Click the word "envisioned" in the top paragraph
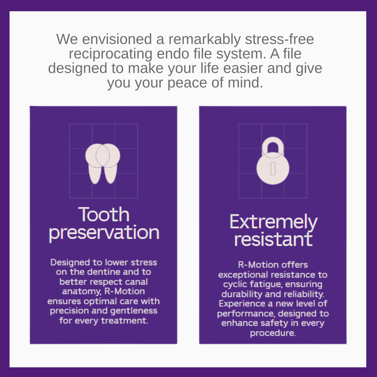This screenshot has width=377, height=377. pyautogui.click(x=117, y=39)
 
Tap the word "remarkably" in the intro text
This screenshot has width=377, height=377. pyautogui.click(x=204, y=39)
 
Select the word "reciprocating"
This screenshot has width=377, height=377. pyautogui.click(x=110, y=53)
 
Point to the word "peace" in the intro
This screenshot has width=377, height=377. pyautogui.click(x=187, y=82)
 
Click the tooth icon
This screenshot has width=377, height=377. pyautogui.click(x=103, y=163)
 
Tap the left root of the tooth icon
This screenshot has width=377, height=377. pyautogui.click(x=95, y=174)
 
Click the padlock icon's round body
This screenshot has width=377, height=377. pyautogui.click(x=273, y=168)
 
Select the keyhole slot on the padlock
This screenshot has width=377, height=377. pyautogui.click(x=273, y=169)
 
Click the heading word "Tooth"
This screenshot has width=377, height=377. pyautogui.click(x=104, y=214)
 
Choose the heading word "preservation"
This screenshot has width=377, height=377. pyautogui.click(x=104, y=233)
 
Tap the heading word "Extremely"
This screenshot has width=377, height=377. pyautogui.click(x=274, y=222)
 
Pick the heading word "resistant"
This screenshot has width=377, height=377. pyautogui.click(x=274, y=239)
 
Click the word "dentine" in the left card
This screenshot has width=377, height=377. pyautogui.click(x=103, y=272)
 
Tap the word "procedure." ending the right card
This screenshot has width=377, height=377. pyautogui.click(x=273, y=333)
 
